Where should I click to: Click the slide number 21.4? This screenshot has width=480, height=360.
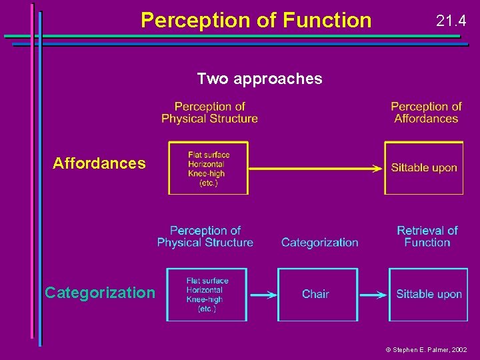pos(451,21)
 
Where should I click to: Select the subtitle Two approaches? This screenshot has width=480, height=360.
pos(259,79)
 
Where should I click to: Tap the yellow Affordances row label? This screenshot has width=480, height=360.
pos(99,163)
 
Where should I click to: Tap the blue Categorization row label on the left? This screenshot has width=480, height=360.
pos(99,293)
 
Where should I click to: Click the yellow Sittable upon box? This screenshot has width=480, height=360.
pos(424,168)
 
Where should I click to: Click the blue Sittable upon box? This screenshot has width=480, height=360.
pos(429,294)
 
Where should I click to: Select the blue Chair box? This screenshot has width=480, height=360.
pos(315,294)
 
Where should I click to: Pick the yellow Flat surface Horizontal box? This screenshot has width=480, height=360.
pos(208,168)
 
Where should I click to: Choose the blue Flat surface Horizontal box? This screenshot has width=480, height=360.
pos(207,294)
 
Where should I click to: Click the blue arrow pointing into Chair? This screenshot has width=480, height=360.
pos(262,294)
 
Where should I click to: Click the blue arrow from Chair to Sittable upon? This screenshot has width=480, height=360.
pos(373,294)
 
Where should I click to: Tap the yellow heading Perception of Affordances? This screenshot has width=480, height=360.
pos(426,112)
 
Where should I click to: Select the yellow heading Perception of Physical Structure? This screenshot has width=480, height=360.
pos(209,112)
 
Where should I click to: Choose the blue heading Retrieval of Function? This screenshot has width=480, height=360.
pos(427,237)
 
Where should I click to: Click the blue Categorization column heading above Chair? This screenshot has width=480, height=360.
pos(319,243)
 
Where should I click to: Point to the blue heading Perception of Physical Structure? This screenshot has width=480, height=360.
pos(205,237)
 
